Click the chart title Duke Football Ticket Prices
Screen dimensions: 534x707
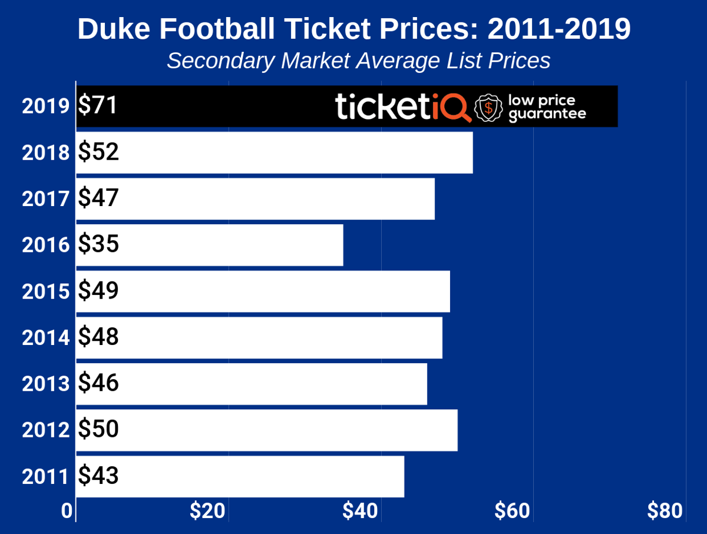(x=353, y=29)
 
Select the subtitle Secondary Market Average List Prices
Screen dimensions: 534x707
(x=358, y=61)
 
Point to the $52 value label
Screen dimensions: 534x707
(x=98, y=152)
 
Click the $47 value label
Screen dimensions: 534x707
(x=98, y=198)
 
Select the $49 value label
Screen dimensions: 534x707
(x=98, y=291)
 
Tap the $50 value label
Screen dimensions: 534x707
(x=98, y=430)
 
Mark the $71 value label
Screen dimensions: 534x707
(x=98, y=106)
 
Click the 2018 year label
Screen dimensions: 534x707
(x=46, y=153)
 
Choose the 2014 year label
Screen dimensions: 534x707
(x=46, y=338)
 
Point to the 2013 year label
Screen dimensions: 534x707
(x=46, y=384)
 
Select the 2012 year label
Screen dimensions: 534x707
(x=46, y=430)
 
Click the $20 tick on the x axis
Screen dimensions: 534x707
(x=207, y=511)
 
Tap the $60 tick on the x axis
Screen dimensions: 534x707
(x=513, y=511)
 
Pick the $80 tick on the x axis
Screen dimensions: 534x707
(x=665, y=511)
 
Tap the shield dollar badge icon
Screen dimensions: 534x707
(x=488, y=108)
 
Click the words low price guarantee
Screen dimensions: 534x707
(x=547, y=107)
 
